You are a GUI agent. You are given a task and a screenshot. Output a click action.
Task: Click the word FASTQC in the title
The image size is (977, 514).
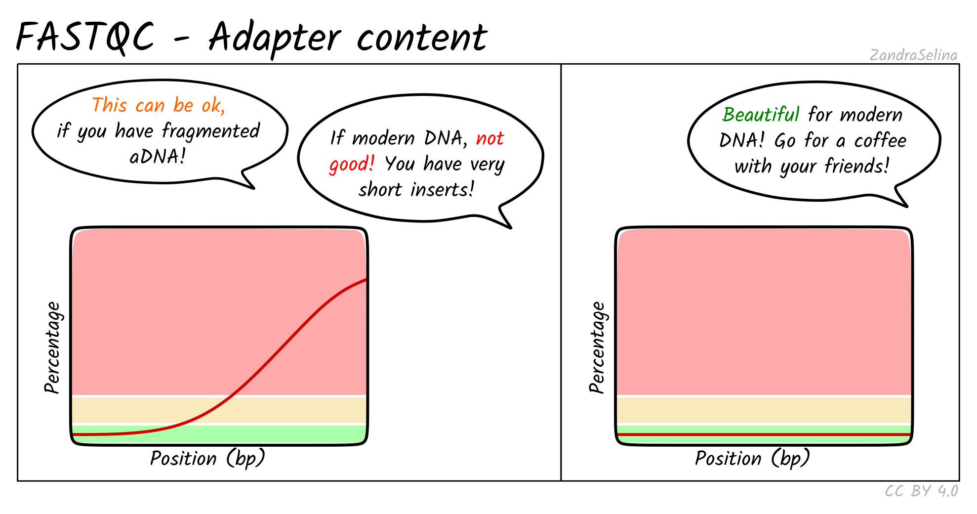click(85, 38)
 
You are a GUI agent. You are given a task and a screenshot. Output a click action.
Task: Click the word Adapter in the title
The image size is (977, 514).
click(275, 39)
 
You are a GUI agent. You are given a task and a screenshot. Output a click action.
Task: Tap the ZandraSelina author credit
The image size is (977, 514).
click(913, 55)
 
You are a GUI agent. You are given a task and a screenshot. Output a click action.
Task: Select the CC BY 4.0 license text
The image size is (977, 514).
click(921, 491)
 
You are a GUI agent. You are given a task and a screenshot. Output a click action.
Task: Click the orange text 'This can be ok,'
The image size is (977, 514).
click(159, 105)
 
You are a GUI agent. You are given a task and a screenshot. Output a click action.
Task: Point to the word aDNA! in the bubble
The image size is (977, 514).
click(158, 157)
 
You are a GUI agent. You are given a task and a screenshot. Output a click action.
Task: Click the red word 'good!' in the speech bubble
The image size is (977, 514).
click(352, 164)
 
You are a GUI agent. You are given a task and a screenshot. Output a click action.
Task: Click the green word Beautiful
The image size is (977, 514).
click(761, 115)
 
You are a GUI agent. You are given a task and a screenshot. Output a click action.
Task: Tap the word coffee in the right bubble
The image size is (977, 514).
click(881, 140)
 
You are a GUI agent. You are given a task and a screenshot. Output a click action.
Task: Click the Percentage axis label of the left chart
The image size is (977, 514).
click(52, 347)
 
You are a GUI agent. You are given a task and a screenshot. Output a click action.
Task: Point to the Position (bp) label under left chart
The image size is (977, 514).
click(207, 459)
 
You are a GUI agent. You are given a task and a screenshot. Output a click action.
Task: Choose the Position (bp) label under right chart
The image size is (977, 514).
click(752, 459)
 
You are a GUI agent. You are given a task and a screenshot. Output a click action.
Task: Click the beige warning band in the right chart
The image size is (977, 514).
click(764, 410)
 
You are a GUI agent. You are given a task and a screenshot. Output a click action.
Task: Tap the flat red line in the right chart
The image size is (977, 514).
click(764, 434)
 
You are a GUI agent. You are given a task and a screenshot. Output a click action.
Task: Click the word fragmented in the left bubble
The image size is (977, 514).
click(211, 131)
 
